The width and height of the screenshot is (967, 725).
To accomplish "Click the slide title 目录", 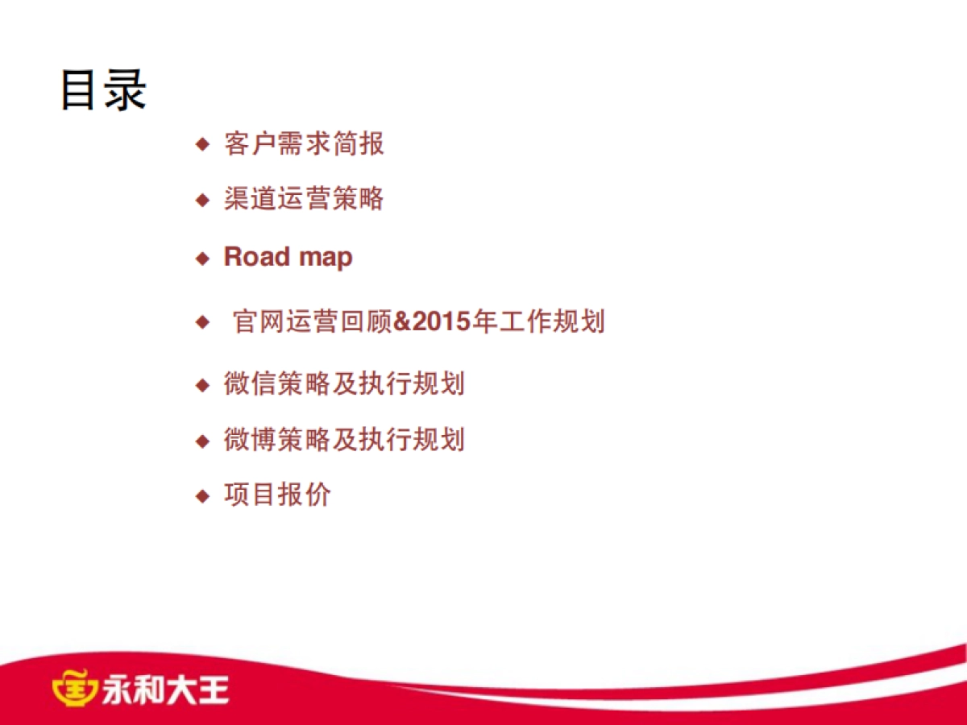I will pyautogui.click(x=103, y=89).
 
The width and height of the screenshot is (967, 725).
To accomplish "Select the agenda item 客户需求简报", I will pyautogui.click(x=304, y=144).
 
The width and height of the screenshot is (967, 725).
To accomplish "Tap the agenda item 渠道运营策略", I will pyautogui.click(x=304, y=198).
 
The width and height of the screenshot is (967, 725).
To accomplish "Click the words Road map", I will pyautogui.click(x=288, y=257).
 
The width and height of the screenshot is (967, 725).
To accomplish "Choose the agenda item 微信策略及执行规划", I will pyautogui.click(x=344, y=383).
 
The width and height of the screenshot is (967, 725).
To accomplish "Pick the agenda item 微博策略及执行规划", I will pyautogui.click(x=344, y=440).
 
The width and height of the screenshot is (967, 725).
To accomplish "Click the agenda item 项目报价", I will pyautogui.click(x=277, y=495).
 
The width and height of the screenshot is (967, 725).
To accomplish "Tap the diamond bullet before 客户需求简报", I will pyautogui.click(x=202, y=145).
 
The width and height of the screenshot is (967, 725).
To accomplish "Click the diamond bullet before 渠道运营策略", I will pyautogui.click(x=202, y=199).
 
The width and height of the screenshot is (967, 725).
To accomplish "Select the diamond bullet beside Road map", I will pyautogui.click(x=202, y=259).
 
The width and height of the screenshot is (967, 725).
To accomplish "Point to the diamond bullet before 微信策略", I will pyautogui.click(x=202, y=384).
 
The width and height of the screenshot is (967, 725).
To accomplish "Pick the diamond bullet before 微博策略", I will pyautogui.click(x=202, y=441).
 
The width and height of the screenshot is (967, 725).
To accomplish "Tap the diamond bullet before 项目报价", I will pyautogui.click(x=202, y=495).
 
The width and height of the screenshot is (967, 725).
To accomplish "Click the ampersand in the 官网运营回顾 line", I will pyautogui.click(x=402, y=322).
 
